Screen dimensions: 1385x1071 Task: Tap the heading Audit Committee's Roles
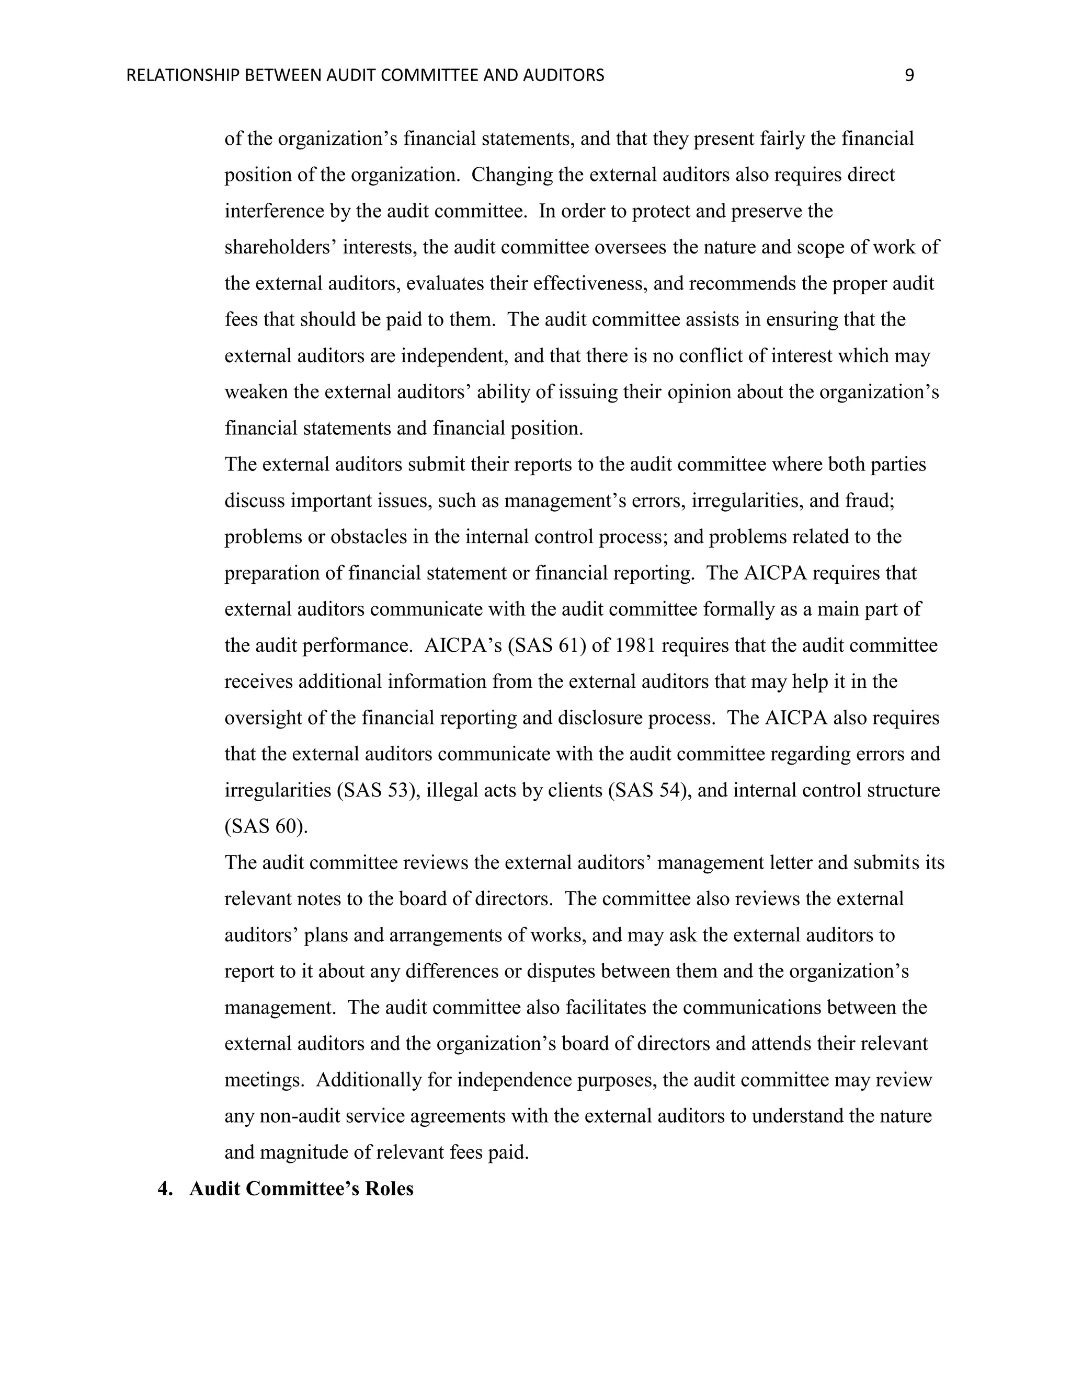pos(301,1188)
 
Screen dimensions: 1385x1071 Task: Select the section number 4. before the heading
pos(166,1188)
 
